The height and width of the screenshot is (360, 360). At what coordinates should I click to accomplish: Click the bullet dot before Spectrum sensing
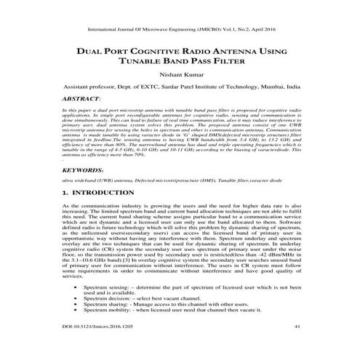[x=76, y=308]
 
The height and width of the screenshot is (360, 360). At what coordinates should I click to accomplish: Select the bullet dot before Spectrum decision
[x=76, y=319]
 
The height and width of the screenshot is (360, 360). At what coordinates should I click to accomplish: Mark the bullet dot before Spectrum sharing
[x=76, y=325]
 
